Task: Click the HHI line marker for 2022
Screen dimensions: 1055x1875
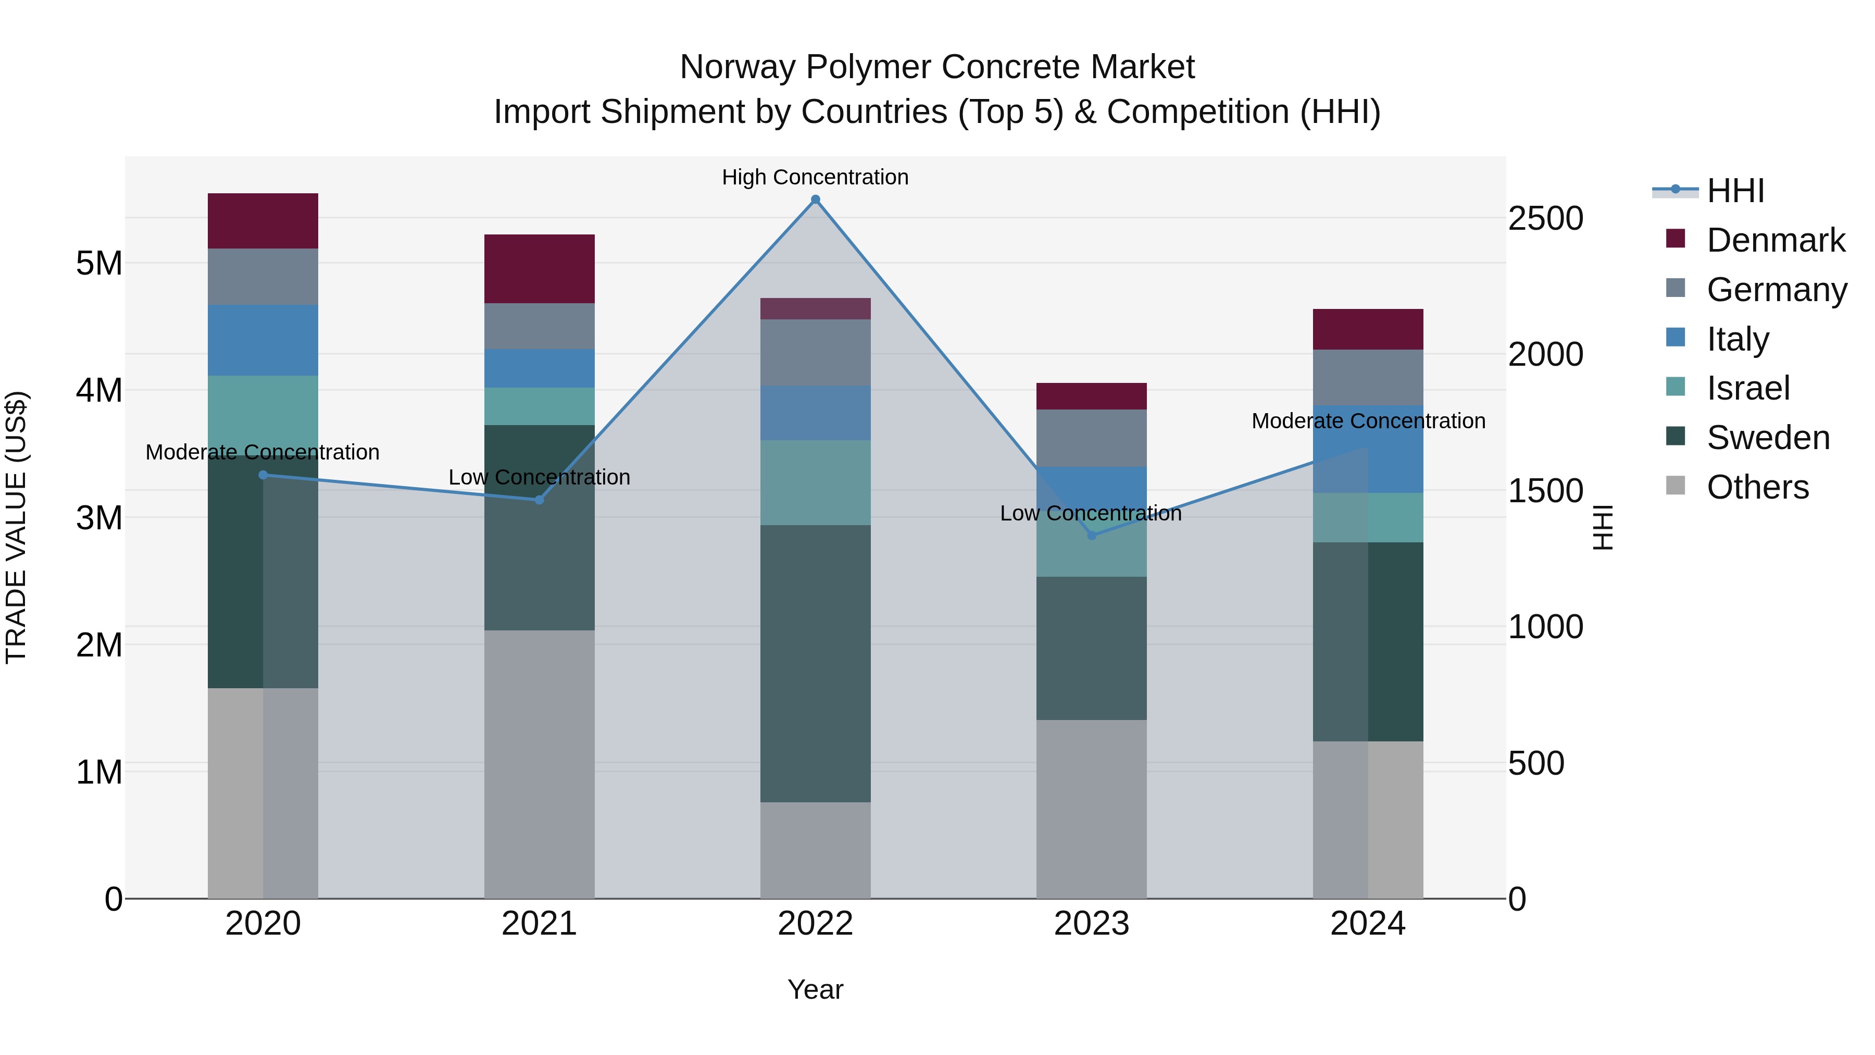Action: click(815, 200)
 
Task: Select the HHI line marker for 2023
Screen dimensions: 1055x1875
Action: click(1091, 535)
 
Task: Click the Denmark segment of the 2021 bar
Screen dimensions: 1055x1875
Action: click(540, 269)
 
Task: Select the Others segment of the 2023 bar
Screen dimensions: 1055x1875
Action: click(1091, 809)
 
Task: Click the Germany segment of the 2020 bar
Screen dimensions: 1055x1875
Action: click(263, 277)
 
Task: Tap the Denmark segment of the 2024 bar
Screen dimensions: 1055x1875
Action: click(1368, 329)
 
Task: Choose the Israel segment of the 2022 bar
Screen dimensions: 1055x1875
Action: click(815, 483)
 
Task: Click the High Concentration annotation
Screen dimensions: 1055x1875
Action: click(815, 177)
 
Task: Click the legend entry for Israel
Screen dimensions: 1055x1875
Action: click(1747, 388)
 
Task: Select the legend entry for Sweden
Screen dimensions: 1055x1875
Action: click(1767, 438)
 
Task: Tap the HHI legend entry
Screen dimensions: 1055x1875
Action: click(1734, 191)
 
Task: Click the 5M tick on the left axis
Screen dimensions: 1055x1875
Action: click(99, 263)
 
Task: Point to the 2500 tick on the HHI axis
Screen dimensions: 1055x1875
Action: click(1545, 218)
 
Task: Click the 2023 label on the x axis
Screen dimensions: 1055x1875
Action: click(1091, 924)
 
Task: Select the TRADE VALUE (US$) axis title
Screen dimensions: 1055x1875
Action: click(16, 527)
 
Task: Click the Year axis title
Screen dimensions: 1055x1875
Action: click(815, 989)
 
